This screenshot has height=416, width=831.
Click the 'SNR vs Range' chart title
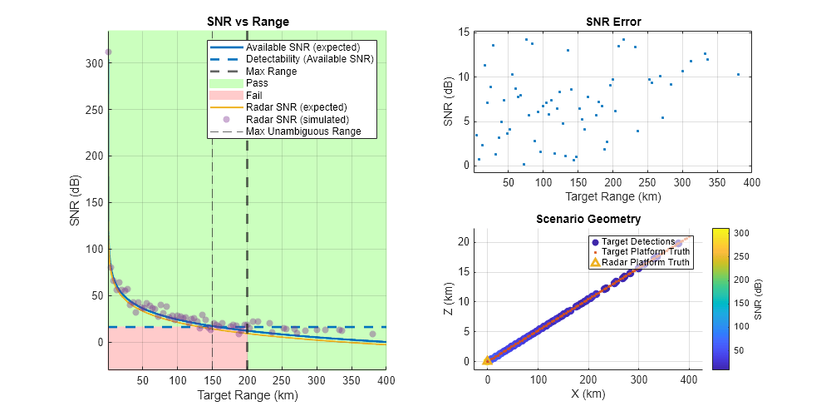tap(247, 21)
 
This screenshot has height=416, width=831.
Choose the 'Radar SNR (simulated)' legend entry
tap(296, 119)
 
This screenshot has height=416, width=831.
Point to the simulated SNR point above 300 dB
tap(108, 52)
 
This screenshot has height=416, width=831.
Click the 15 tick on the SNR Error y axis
tap(465, 32)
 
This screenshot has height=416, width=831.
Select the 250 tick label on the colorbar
tap(742, 256)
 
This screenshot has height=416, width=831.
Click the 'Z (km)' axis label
tap(450, 299)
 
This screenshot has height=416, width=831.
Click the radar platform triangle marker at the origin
tap(488, 360)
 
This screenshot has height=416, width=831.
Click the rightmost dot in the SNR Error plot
tap(738, 74)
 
